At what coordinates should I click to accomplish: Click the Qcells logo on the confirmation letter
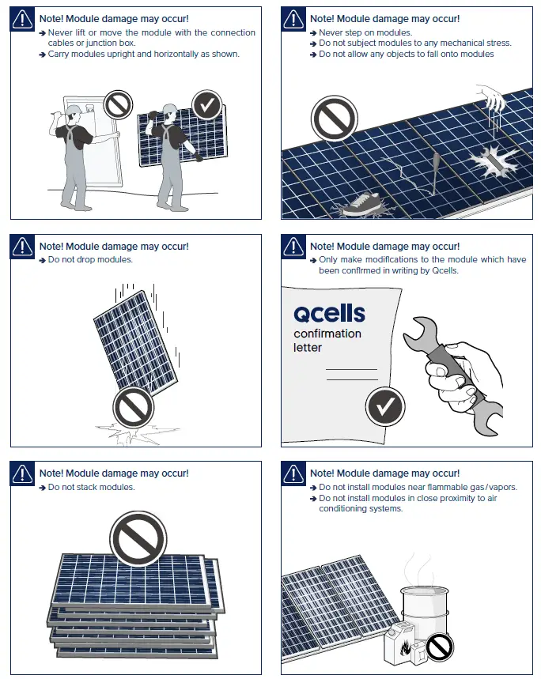coord(329,313)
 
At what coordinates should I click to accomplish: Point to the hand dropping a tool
coord(490,100)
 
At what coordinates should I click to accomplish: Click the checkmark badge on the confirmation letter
coord(385,407)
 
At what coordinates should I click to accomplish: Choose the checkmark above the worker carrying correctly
coord(207,104)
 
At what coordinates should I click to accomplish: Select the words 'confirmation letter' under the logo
coord(327,341)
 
